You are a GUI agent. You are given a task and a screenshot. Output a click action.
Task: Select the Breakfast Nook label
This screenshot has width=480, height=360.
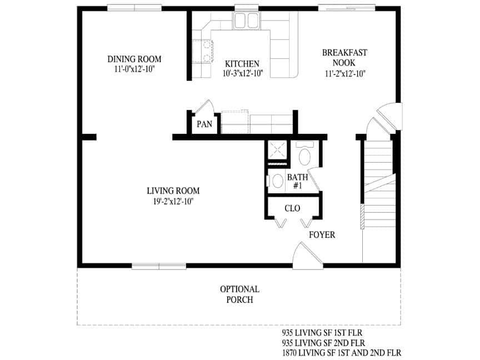344,58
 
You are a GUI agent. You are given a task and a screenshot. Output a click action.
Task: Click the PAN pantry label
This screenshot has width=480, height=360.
204,124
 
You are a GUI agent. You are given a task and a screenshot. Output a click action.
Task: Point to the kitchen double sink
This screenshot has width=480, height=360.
247,21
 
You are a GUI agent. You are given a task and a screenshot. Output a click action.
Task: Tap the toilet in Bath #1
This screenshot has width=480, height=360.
305,155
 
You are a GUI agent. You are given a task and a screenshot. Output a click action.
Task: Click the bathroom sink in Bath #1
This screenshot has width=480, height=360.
276,181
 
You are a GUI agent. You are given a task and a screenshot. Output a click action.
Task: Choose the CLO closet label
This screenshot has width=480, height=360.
292,209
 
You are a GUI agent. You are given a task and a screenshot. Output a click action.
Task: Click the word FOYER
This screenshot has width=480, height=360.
322,235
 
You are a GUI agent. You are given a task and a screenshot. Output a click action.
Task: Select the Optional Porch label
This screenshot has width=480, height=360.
239,294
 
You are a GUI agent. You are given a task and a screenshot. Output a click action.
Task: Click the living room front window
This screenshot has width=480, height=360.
159,266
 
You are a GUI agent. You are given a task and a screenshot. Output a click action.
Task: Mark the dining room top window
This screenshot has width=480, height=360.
134,8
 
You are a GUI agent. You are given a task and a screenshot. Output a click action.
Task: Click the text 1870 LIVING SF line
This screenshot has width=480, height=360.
342,353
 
